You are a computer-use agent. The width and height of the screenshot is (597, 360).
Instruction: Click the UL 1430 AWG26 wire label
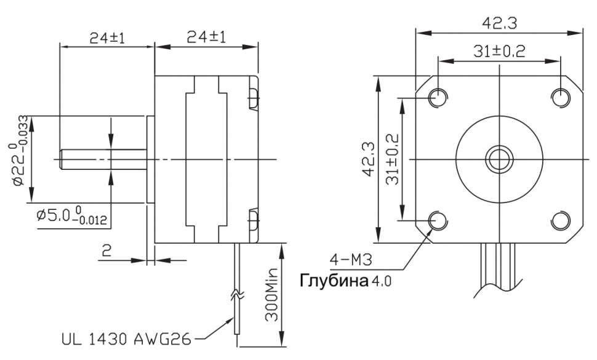click(126, 338)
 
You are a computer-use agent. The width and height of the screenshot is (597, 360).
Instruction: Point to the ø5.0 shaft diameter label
click(71, 215)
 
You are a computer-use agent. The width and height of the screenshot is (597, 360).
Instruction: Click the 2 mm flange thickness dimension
click(107, 250)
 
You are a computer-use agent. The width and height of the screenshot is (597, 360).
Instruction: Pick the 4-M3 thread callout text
click(351, 260)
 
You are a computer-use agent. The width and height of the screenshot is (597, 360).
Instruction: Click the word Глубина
click(334, 281)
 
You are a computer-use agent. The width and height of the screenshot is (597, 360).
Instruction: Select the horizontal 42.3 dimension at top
click(500, 23)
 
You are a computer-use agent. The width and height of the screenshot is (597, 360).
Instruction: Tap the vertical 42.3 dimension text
click(369, 159)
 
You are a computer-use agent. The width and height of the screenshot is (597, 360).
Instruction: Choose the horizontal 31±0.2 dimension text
click(499, 51)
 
